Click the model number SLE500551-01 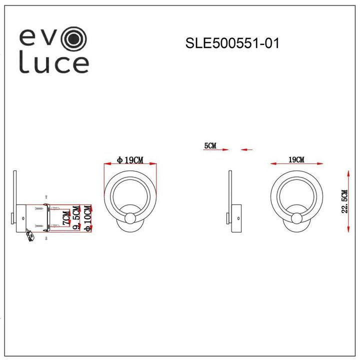coord(231,43)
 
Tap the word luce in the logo coord(54,64)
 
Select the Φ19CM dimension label coord(130,160)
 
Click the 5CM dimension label coord(210,146)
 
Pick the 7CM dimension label coord(64,218)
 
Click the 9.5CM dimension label coord(76,219)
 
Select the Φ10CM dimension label coord(88,219)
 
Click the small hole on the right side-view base coord(239,218)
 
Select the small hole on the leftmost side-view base coord(23,218)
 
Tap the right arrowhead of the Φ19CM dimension coord(154,164)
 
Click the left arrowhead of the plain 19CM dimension coord(273,163)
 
